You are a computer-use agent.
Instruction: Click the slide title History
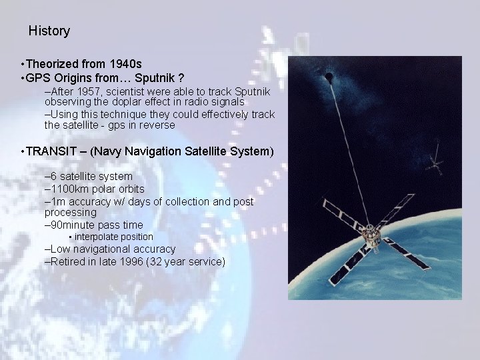(x=49, y=31)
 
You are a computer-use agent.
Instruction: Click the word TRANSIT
(x=50, y=151)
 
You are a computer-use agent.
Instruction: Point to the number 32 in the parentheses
(x=159, y=261)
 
